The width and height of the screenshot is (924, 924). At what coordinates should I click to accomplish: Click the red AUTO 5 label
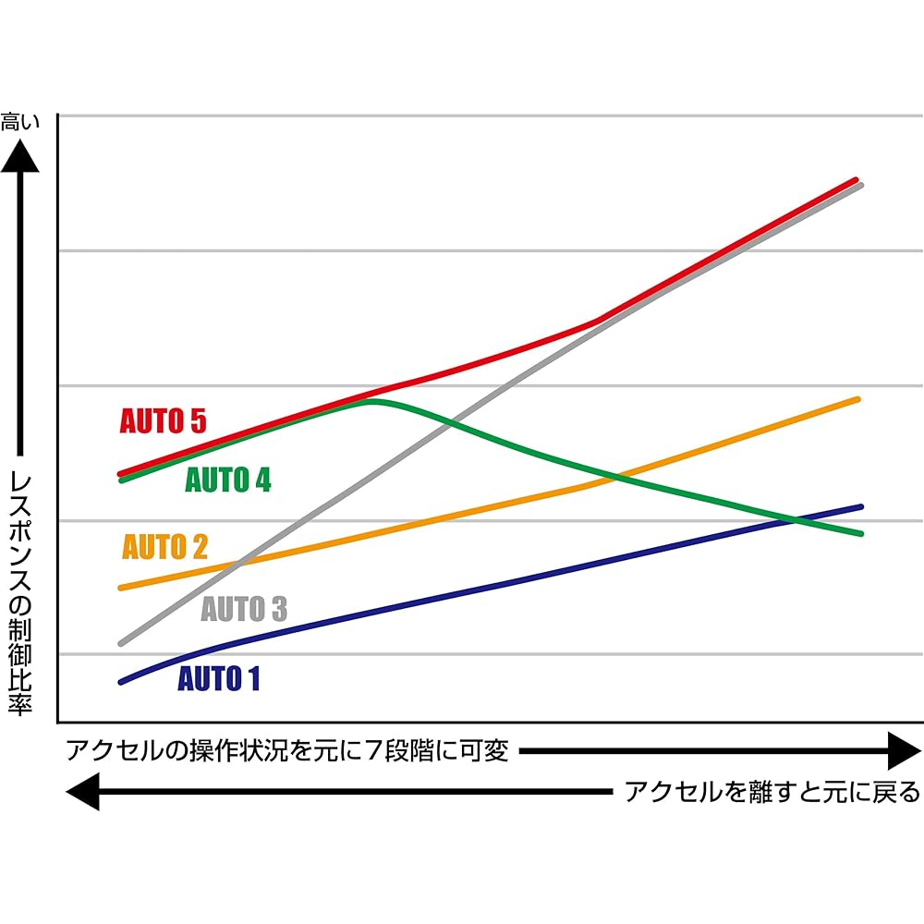pyautogui.click(x=163, y=421)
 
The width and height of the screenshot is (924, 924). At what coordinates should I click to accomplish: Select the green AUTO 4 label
pyautogui.click(x=228, y=480)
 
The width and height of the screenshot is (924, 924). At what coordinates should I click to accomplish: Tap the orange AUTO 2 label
pyautogui.click(x=165, y=547)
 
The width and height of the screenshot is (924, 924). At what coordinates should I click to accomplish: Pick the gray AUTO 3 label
pyautogui.click(x=244, y=610)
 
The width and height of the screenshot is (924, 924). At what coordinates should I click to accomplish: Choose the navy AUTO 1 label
pyautogui.click(x=219, y=679)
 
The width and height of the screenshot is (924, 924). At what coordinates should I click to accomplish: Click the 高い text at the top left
pyautogui.click(x=20, y=121)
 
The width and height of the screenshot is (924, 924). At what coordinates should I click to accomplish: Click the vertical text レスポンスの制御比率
pyautogui.click(x=20, y=592)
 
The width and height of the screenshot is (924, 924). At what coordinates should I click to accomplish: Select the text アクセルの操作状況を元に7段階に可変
pyautogui.click(x=287, y=750)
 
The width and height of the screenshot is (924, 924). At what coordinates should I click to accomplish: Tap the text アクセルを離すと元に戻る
pyautogui.click(x=772, y=792)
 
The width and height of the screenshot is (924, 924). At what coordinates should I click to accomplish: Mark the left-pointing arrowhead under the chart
pyautogui.click(x=83, y=792)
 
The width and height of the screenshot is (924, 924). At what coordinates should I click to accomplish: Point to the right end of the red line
pyautogui.click(x=857, y=179)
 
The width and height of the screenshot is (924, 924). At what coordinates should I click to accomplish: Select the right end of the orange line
pyautogui.click(x=858, y=399)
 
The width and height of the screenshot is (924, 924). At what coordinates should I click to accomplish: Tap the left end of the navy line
pyautogui.click(x=120, y=682)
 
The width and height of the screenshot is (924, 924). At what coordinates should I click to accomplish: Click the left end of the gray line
pyautogui.click(x=121, y=643)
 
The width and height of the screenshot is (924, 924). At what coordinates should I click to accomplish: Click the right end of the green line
pyautogui.click(x=860, y=533)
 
